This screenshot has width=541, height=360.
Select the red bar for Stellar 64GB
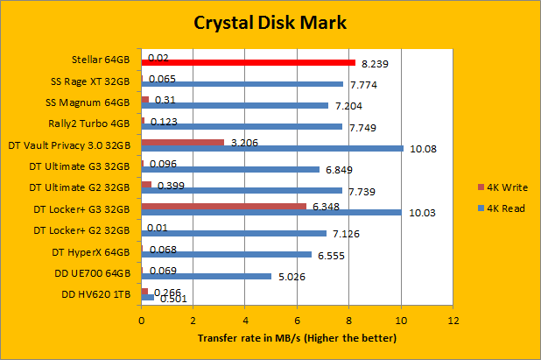click(x=249, y=63)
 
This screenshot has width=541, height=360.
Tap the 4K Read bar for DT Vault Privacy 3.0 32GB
click(x=272, y=148)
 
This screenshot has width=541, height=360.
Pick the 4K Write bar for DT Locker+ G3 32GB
click(x=223, y=207)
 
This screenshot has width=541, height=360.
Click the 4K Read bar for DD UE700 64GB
click(x=207, y=276)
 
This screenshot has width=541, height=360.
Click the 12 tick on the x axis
click(x=453, y=321)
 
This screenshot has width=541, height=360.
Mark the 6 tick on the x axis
click(x=297, y=321)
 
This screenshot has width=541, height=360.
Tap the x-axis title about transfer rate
click(x=297, y=338)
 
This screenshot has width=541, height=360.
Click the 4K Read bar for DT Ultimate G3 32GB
click(x=230, y=169)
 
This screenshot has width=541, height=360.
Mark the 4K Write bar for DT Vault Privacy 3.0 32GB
click(x=183, y=142)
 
